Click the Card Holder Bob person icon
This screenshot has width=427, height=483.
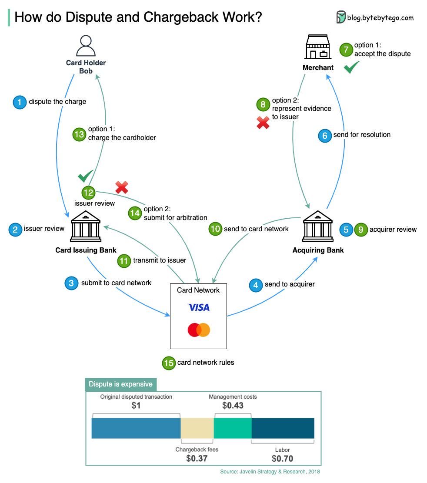point(86,46)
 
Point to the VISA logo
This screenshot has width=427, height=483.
point(198,307)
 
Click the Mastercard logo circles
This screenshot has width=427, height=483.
point(199,330)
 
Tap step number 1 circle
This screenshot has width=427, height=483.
point(20,102)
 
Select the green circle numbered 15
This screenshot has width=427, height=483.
point(168,363)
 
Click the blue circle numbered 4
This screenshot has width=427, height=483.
point(256,285)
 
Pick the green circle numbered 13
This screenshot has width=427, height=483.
point(79,134)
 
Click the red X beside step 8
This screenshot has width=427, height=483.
point(263,123)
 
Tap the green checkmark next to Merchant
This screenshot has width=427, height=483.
point(351,67)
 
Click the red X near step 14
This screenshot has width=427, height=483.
point(121,187)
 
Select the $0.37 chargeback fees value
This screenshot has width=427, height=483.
point(197,458)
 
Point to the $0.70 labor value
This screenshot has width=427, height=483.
point(282,458)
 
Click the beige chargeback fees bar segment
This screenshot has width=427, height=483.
point(197,428)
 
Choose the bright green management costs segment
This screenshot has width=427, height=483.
point(233,428)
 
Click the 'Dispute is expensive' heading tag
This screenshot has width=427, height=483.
point(120,384)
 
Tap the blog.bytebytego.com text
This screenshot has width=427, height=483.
point(380,18)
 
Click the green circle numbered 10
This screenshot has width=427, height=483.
point(215,229)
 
